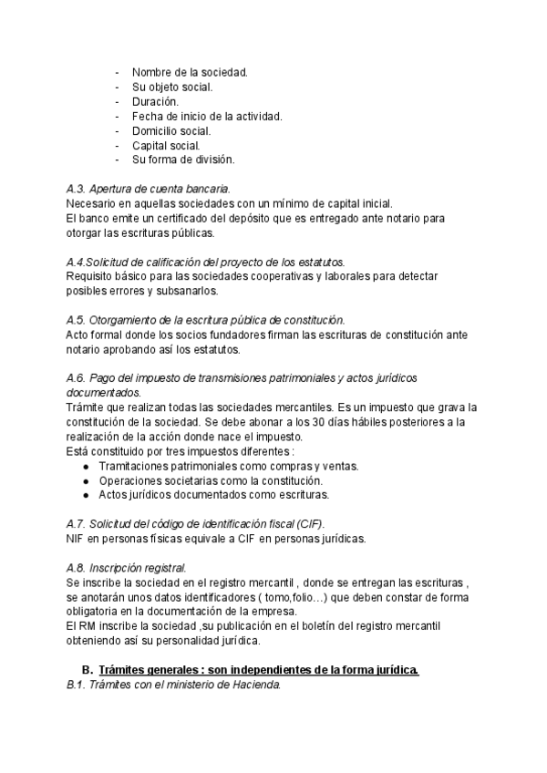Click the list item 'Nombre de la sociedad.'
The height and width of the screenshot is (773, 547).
pyautogui.click(x=190, y=72)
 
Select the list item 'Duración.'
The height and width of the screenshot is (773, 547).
pyautogui.click(x=157, y=101)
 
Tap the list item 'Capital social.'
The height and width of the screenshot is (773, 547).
pyautogui.click(x=166, y=145)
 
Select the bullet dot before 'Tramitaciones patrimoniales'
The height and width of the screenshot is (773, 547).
pyautogui.click(x=86, y=466)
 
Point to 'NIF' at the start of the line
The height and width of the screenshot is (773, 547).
pyautogui.click(x=77, y=539)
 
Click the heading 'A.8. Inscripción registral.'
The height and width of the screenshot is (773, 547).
pyautogui.click(x=127, y=568)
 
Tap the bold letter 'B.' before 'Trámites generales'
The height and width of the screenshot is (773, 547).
pyautogui.click(x=88, y=670)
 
